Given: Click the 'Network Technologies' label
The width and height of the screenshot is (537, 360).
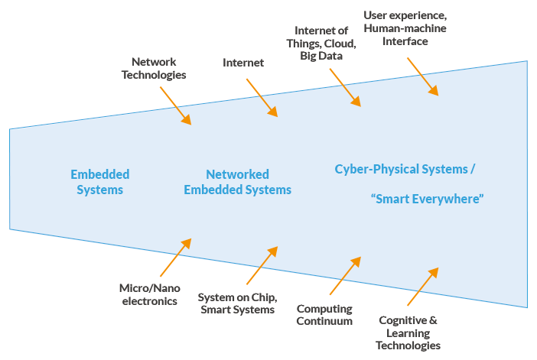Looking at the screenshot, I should (x=159, y=68).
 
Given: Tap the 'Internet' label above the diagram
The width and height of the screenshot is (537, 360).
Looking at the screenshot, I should (x=243, y=63).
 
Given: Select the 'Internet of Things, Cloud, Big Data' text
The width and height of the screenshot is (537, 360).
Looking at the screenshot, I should (x=321, y=43).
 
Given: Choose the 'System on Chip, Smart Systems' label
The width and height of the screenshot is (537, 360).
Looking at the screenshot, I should (x=236, y=303).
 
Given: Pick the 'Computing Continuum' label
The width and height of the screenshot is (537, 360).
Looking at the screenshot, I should (x=325, y=314).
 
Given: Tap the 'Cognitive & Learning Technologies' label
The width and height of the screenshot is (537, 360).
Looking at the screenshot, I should (x=410, y=333).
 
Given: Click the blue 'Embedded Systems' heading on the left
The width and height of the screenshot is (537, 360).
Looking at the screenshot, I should (x=100, y=182).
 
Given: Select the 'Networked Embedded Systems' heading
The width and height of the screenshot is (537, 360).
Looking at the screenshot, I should (x=237, y=182).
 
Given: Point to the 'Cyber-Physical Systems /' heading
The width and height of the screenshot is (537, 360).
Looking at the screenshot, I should (x=405, y=168).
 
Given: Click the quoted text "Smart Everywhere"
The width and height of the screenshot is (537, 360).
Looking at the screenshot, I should (x=428, y=198).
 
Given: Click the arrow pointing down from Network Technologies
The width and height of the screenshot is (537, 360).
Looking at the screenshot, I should (x=175, y=105).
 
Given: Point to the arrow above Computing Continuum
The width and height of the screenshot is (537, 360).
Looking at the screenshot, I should (x=344, y=275).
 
